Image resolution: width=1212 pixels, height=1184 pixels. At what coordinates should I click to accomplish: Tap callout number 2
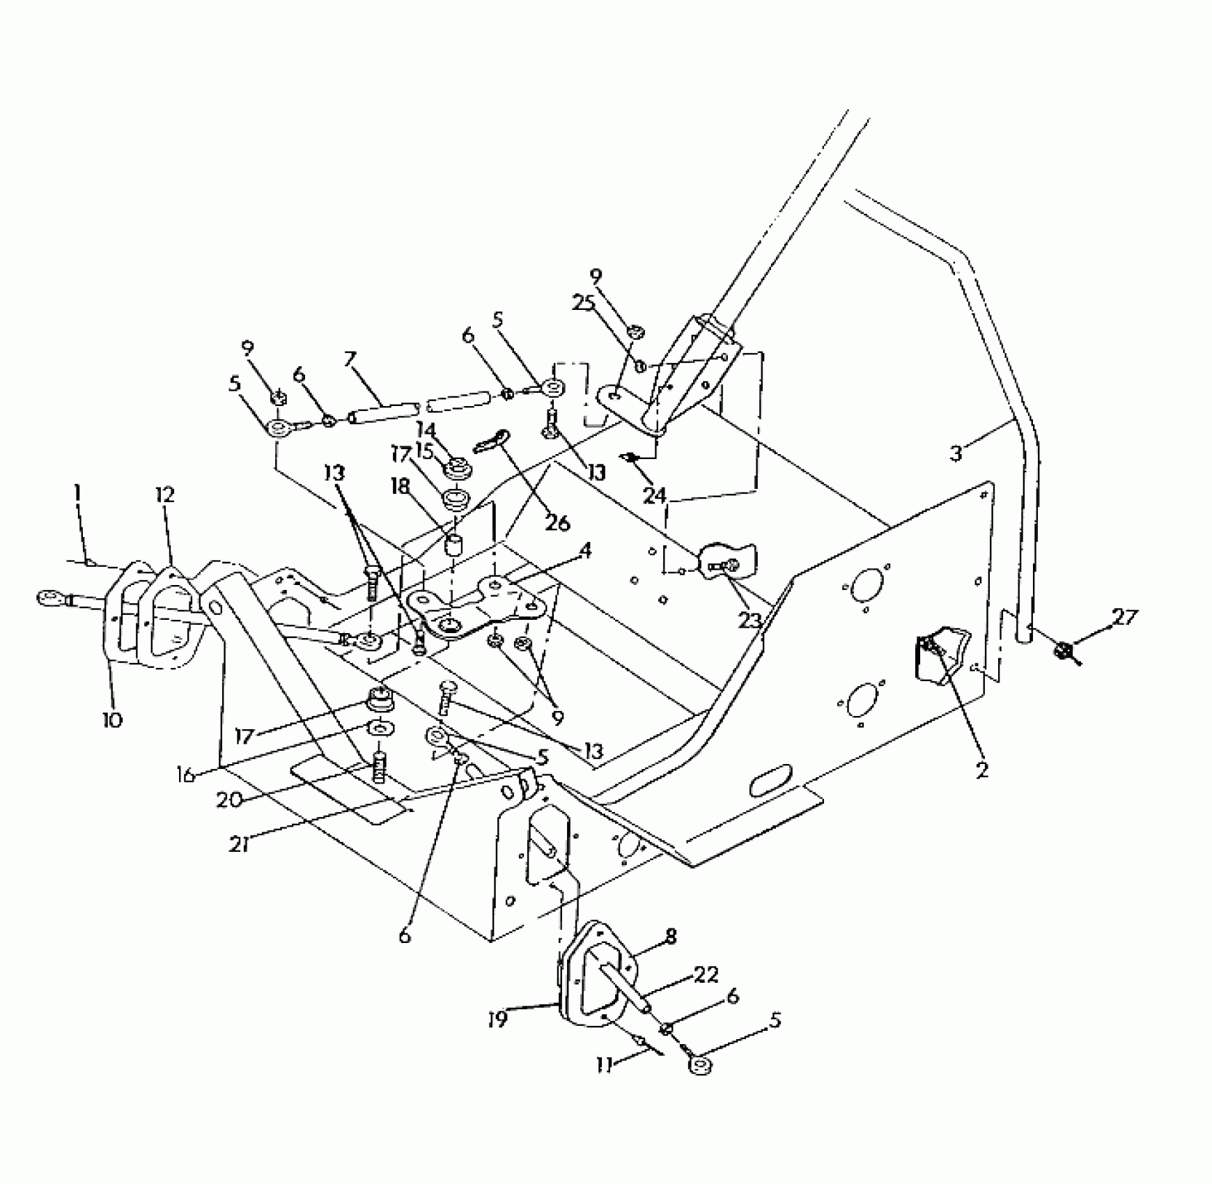pyautogui.click(x=982, y=771)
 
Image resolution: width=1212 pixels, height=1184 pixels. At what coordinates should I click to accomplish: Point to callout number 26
pyautogui.click(x=558, y=522)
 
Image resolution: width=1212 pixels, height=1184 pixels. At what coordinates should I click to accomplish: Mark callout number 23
pyautogui.click(x=749, y=620)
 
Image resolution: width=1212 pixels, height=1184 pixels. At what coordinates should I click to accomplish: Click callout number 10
pyautogui.click(x=112, y=719)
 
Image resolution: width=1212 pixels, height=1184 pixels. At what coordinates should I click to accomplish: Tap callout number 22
pyautogui.click(x=706, y=974)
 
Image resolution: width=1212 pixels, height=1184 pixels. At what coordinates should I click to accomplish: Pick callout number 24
pyautogui.click(x=654, y=496)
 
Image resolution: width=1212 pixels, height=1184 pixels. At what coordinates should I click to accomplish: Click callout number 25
pyautogui.click(x=584, y=303)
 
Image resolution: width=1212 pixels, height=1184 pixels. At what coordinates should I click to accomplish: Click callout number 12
pyautogui.click(x=165, y=496)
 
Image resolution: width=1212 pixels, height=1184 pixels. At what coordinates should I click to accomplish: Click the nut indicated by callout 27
pyautogui.click(x=1062, y=651)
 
